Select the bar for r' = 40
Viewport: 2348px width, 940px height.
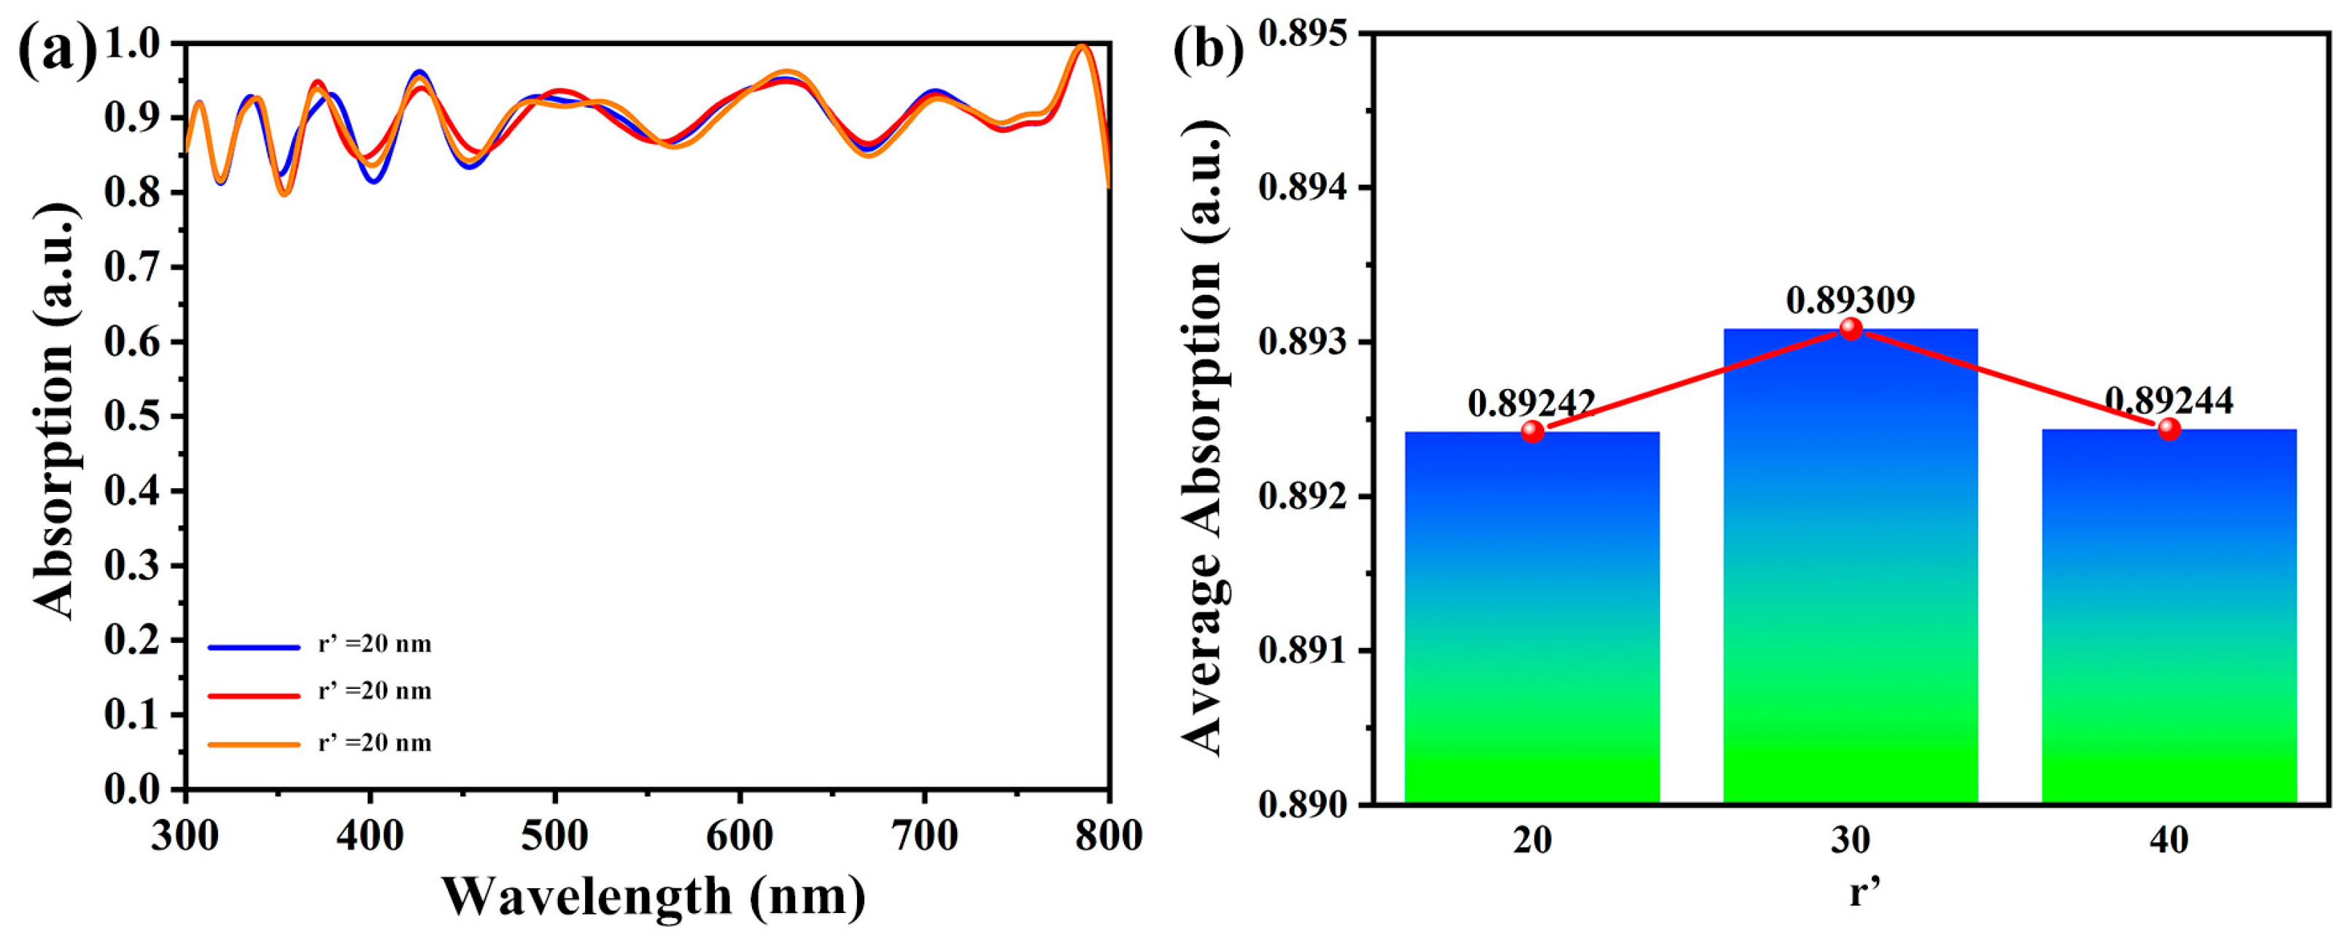(x=2169, y=620)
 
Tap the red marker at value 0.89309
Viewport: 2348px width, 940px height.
(x=1851, y=328)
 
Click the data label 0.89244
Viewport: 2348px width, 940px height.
(x=2169, y=400)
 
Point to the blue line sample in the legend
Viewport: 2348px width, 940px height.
(x=253, y=647)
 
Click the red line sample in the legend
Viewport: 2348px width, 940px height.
(x=253, y=696)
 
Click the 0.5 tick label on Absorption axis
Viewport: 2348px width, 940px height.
(x=133, y=417)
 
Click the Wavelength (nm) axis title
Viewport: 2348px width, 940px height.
(x=653, y=896)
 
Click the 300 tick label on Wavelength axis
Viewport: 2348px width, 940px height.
(x=185, y=835)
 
